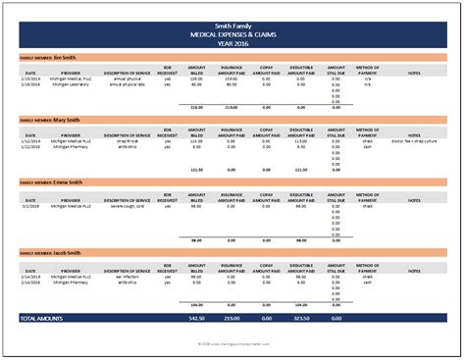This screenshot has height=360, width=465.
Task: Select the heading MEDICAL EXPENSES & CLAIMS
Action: [x=232, y=31]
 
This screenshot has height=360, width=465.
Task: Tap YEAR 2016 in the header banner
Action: [x=232, y=40]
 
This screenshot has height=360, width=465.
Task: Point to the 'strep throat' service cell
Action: [x=127, y=141]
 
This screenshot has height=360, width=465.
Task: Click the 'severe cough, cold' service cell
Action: [x=127, y=206]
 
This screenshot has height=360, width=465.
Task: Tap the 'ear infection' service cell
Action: [x=127, y=276]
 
